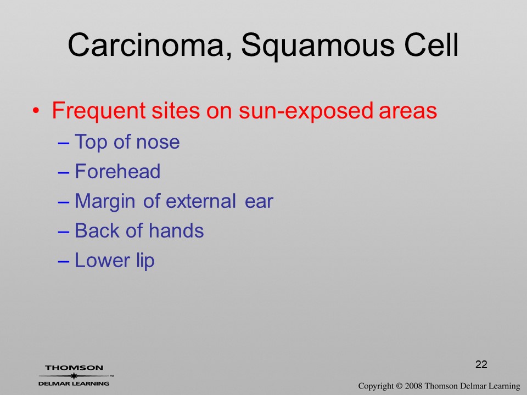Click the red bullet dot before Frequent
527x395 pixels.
(36, 110)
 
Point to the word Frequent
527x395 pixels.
(99, 111)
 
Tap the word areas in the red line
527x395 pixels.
(408, 111)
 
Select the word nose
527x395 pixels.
(158, 143)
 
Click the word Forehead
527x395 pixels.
(117, 171)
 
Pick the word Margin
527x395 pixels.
(105, 202)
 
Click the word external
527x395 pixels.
(201, 201)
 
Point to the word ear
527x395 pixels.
(259, 202)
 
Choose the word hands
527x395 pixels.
(176, 231)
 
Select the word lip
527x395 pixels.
(145, 261)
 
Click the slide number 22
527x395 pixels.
(481, 364)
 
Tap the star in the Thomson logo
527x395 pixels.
(74, 376)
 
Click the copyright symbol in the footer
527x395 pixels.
(399, 386)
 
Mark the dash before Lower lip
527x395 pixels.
(64, 262)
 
